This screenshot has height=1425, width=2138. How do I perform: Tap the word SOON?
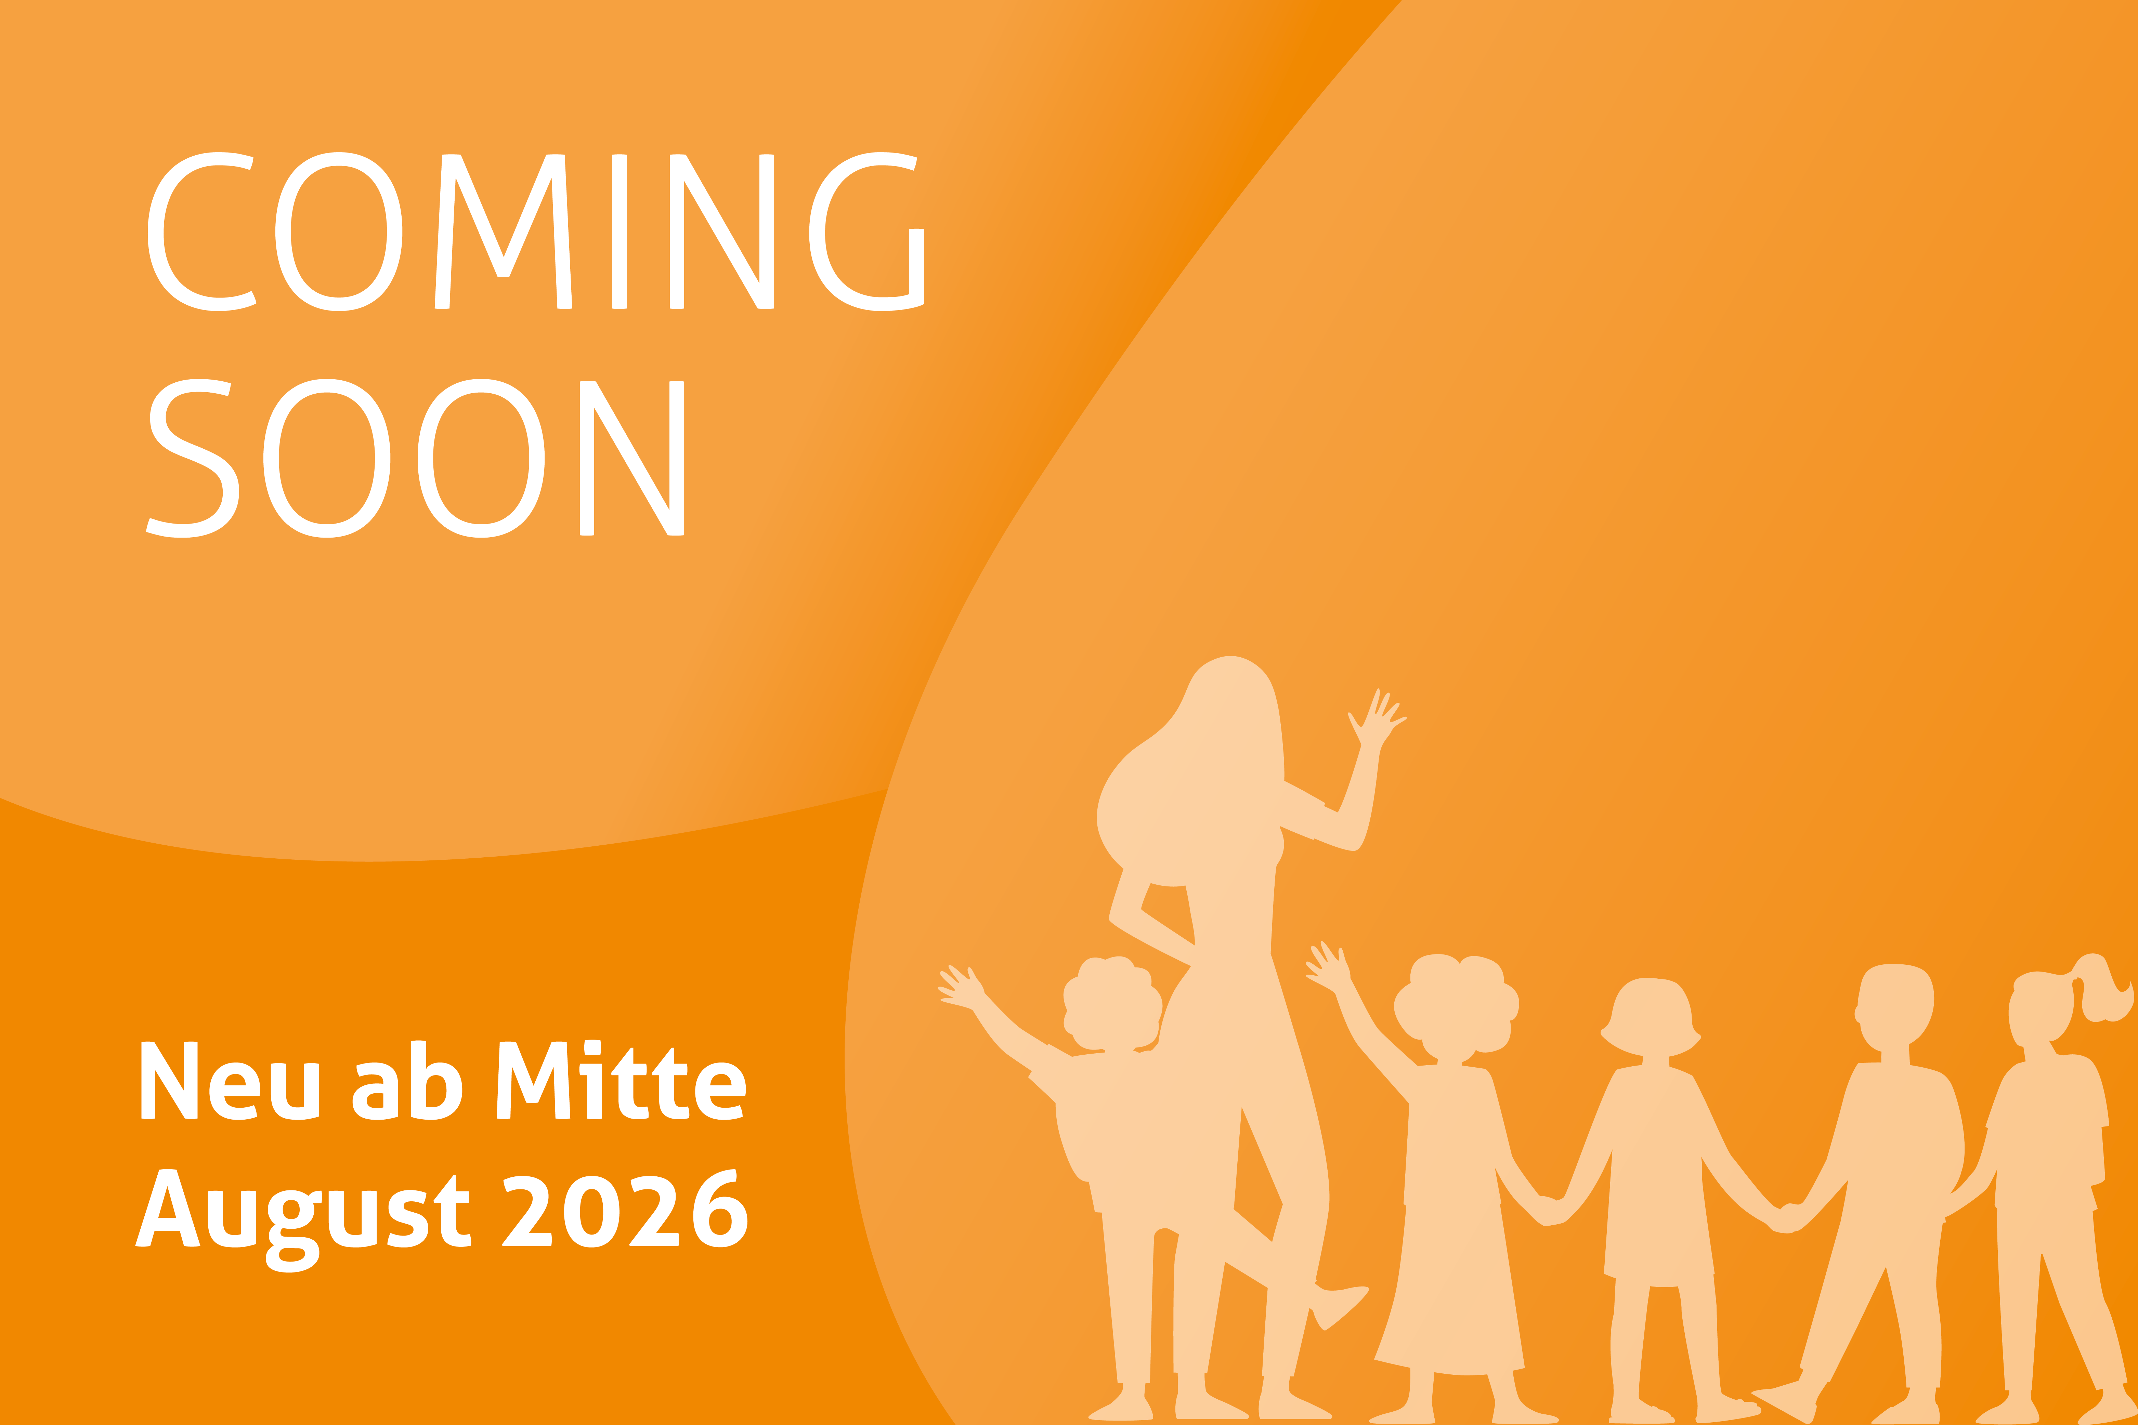[415, 458]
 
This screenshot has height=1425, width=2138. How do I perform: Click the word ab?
[407, 1080]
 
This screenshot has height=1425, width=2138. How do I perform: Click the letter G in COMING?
[866, 232]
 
